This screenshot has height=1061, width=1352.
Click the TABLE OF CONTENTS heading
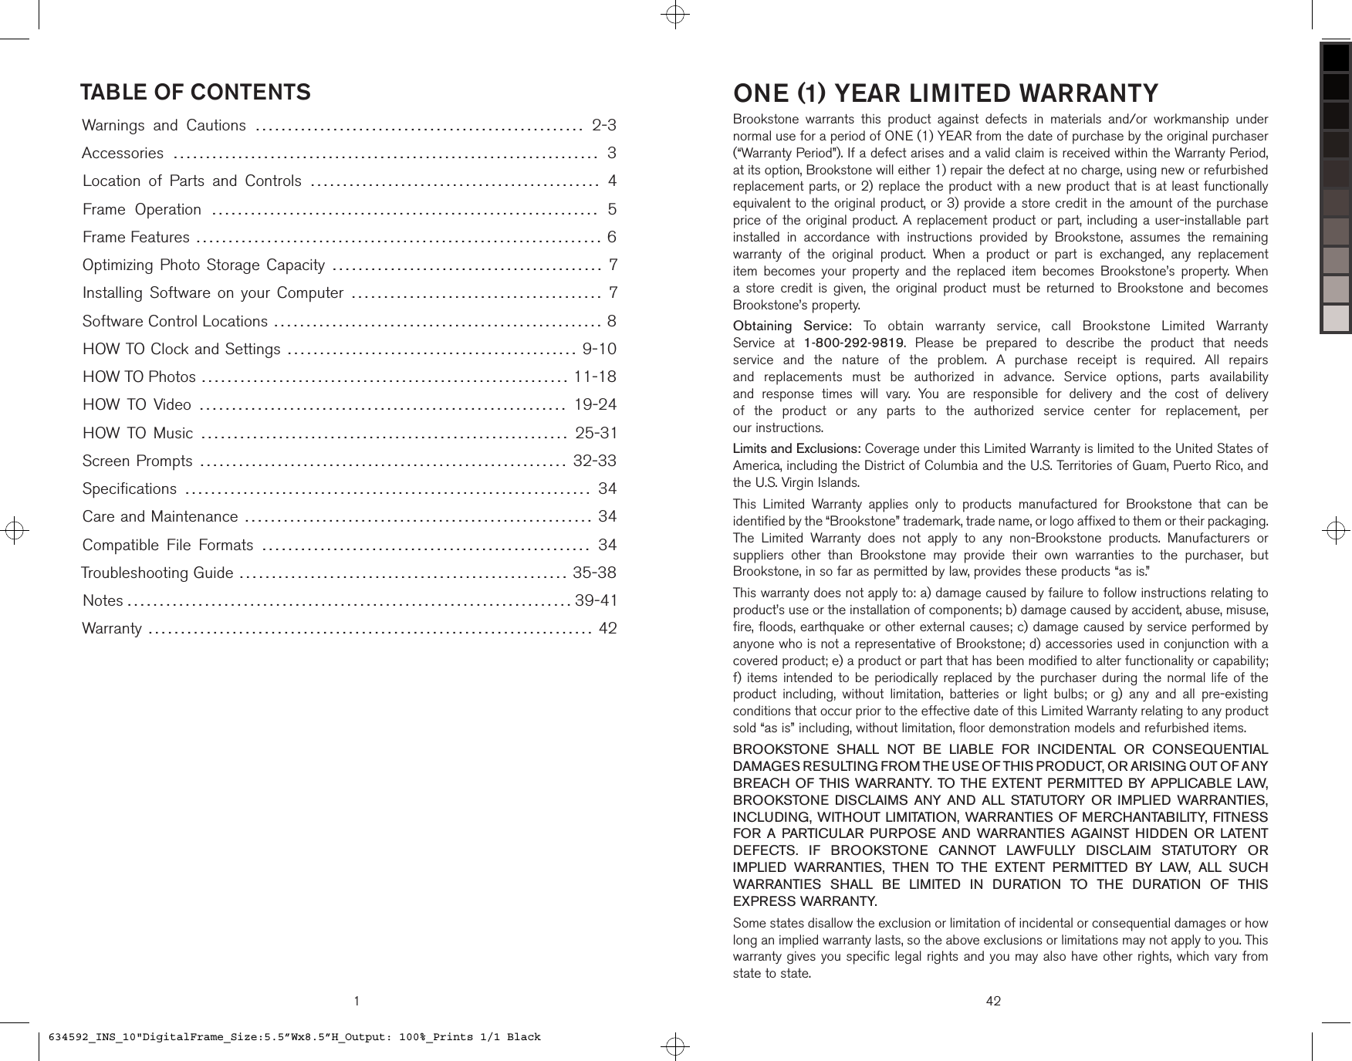[x=195, y=93]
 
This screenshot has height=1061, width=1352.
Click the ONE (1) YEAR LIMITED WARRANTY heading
[x=945, y=93]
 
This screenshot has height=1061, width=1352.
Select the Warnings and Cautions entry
[x=164, y=126]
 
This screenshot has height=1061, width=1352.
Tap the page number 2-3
[x=603, y=126]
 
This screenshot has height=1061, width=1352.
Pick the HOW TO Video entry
[x=137, y=405]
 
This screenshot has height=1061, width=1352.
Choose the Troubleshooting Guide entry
[x=157, y=573]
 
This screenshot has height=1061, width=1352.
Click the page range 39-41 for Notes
[x=596, y=601]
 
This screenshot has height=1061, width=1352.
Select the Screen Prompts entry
[x=137, y=461]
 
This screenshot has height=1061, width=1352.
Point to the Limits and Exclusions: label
[x=796, y=449]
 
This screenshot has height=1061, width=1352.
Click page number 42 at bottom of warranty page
[x=993, y=1002]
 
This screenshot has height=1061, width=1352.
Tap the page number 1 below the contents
[x=357, y=1002]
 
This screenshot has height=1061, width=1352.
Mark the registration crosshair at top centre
[x=675, y=15]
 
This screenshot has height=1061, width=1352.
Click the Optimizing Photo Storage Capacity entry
[x=204, y=265]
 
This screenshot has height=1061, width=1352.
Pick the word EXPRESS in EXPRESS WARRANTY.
[x=764, y=902]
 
